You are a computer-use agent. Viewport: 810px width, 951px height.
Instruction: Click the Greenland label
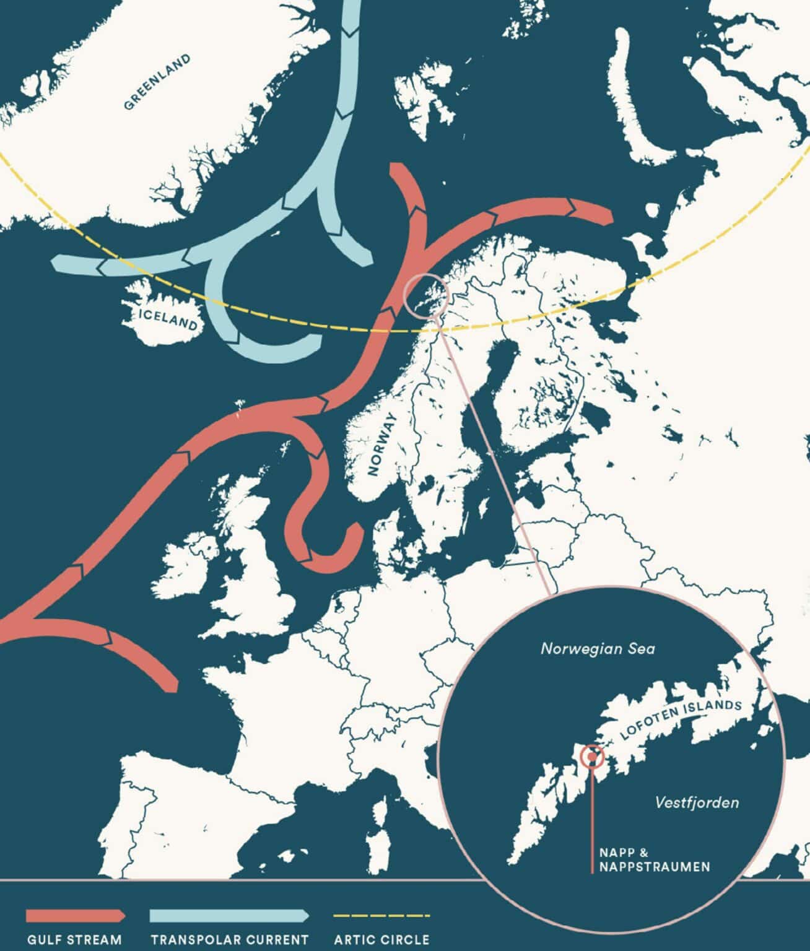click(157, 82)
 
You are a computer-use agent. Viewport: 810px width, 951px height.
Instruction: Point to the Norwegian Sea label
click(598, 649)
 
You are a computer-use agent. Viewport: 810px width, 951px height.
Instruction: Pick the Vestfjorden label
click(697, 802)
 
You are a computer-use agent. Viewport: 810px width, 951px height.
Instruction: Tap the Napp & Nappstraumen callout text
click(654, 859)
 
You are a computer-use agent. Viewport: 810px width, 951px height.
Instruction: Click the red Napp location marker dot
click(593, 756)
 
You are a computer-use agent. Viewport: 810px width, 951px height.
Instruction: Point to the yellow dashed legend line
click(381, 915)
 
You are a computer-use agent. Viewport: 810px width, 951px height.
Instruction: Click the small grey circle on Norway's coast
click(425, 295)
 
